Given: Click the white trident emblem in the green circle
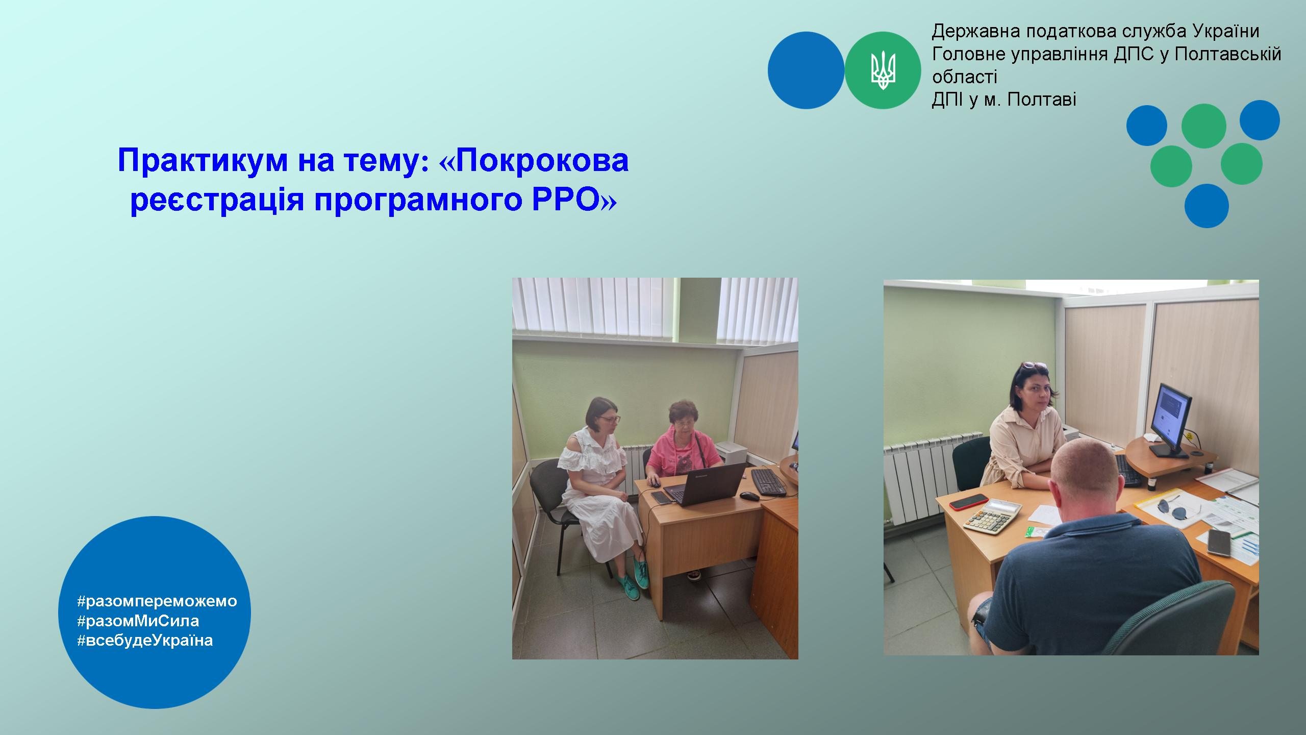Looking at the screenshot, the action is coord(883,70).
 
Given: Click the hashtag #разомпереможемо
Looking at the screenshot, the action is coord(157,601).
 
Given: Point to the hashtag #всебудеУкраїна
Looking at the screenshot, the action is coord(145,641).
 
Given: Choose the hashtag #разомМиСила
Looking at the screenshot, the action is coord(138,621).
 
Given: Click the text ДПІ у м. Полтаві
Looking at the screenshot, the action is coord(1004,100).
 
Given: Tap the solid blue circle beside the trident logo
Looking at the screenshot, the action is coord(806,70).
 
